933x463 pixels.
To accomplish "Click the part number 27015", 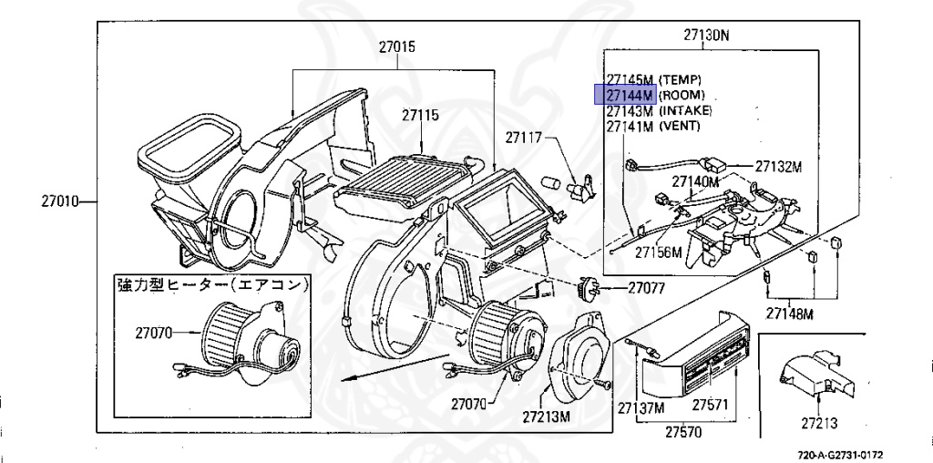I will [x=399, y=46].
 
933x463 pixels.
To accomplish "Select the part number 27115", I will [x=420, y=116].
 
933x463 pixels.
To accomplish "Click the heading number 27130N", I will [x=707, y=36].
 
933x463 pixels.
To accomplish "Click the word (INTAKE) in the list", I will [x=685, y=110].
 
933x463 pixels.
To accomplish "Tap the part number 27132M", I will [x=777, y=167].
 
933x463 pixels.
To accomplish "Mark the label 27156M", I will [x=659, y=252].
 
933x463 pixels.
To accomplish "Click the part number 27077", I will [x=647, y=288].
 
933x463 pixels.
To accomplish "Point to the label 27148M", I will [x=789, y=314].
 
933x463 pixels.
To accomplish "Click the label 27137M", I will [x=641, y=407].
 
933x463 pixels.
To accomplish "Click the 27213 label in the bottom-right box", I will [x=820, y=423].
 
